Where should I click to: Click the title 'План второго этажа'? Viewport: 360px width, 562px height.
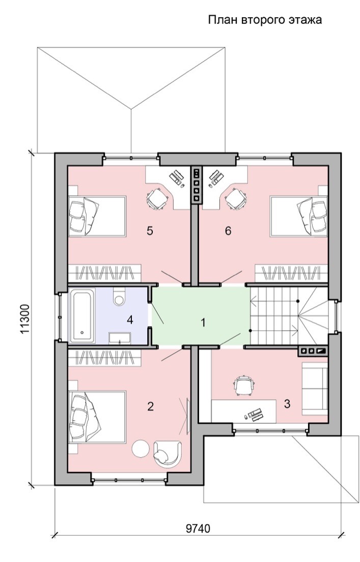tap(265, 20)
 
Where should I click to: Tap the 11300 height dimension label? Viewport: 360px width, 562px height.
tap(25, 319)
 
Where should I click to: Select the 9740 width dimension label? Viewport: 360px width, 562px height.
tap(198, 528)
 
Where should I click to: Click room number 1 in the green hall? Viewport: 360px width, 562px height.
tap(203, 323)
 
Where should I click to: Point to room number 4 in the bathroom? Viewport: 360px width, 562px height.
tap(130, 319)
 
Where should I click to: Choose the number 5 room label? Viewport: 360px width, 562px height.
tap(150, 231)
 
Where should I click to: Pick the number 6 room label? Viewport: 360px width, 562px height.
tap(228, 231)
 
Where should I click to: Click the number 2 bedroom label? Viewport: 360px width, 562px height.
tap(150, 407)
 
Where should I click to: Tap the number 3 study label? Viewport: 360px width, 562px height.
tap(287, 404)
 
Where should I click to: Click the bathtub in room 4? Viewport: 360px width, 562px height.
tap(82, 316)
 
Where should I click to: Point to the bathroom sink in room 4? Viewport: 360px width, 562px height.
tap(120, 338)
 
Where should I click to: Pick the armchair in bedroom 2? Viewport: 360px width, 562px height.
tap(167, 454)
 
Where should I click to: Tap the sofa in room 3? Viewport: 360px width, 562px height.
tap(315, 388)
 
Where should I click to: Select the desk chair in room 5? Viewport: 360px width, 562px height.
tap(157, 199)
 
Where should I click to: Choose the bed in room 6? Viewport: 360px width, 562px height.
tap(299, 216)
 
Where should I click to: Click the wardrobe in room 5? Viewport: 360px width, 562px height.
tap(104, 273)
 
